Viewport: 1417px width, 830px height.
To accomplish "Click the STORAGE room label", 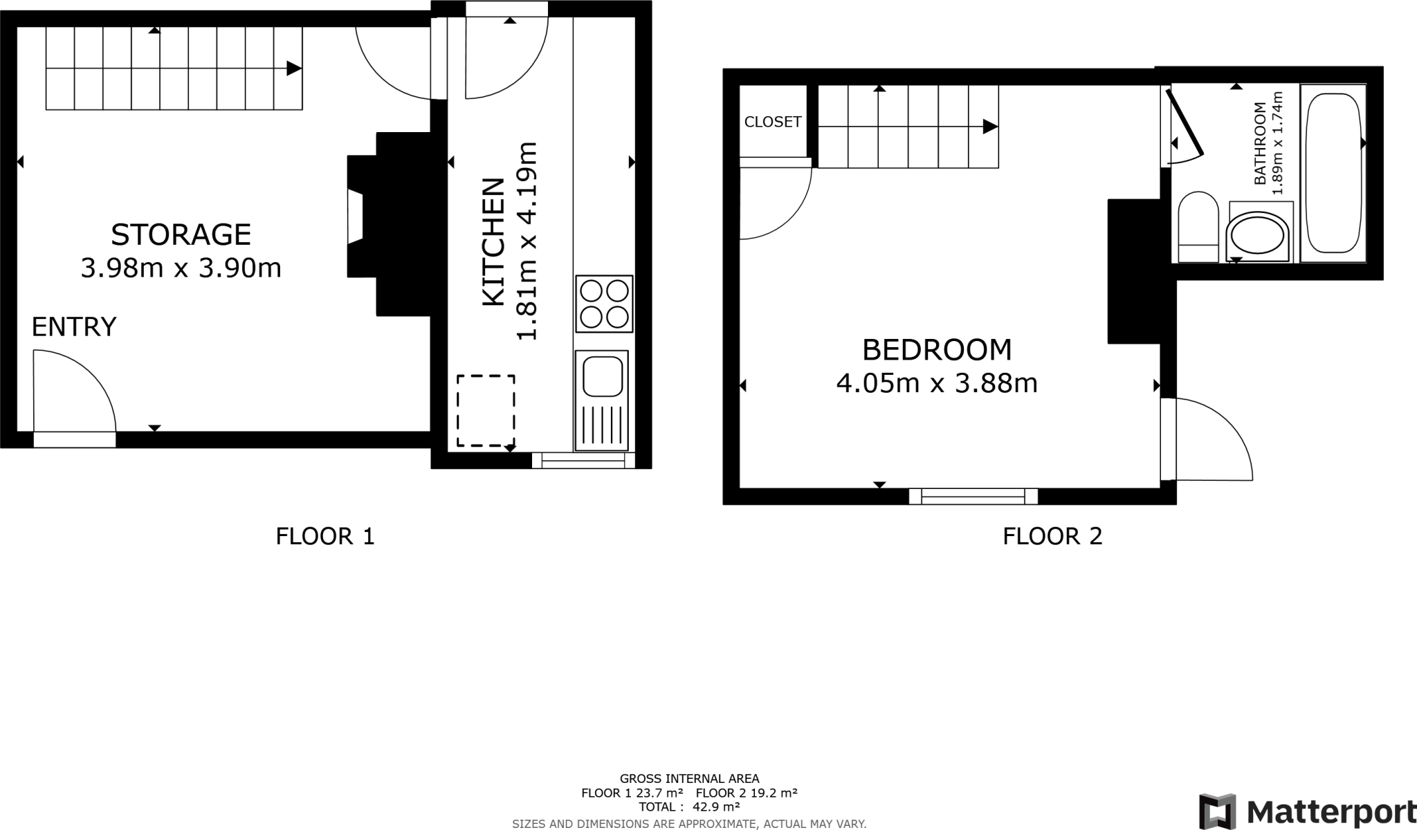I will pyautogui.click(x=181, y=235).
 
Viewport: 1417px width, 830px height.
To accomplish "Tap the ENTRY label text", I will pyautogui.click(x=74, y=326).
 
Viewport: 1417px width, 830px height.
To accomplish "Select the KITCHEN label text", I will pyautogui.click(x=493, y=242).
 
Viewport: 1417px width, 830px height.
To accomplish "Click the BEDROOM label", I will pyautogui.click(x=937, y=350).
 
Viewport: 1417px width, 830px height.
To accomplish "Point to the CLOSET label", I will pyautogui.click(x=773, y=122).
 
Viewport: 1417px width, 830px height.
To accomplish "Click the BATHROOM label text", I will pyautogui.click(x=1260, y=143).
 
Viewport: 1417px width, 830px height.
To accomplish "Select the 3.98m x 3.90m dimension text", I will pyautogui.click(x=181, y=268).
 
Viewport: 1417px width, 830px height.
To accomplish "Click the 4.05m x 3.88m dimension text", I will pyautogui.click(x=937, y=383).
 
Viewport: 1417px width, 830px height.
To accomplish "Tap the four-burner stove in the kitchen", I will pyautogui.click(x=604, y=304).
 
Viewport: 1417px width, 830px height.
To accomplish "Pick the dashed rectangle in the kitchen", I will pyautogui.click(x=486, y=411).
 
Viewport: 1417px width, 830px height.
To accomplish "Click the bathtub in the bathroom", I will pyautogui.click(x=1333, y=173).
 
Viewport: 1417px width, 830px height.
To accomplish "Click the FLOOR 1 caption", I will pyautogui.click(x=325, y=536).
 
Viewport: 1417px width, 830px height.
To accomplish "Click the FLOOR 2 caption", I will pyautogui.click(x=1052, y=536).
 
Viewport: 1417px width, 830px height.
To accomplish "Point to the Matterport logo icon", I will pyautogui.click(x=1217, y=811).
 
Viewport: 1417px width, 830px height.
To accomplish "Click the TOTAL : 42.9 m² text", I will pyautogui.click(x=689, y=806).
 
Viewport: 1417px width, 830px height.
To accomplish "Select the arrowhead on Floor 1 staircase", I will pyautogui.click(x=294, y=68).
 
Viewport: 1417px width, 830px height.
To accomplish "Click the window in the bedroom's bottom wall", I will pyautogui.click(x=973, y=496).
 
